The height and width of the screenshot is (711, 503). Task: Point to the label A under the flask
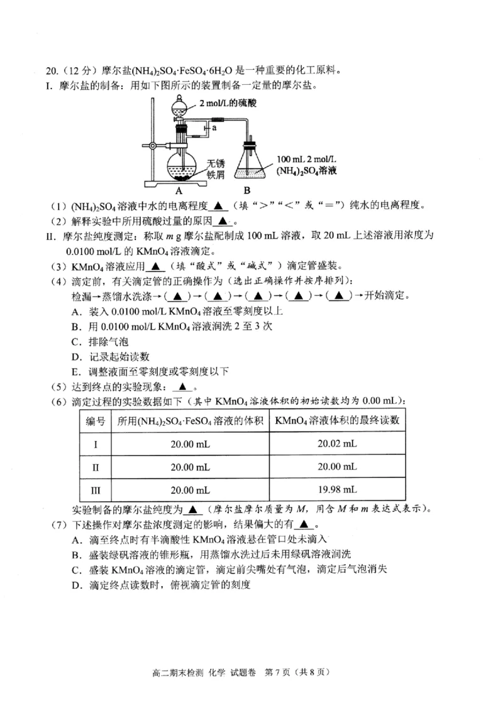point(179,190)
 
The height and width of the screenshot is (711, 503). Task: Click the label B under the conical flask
point(247,190)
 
